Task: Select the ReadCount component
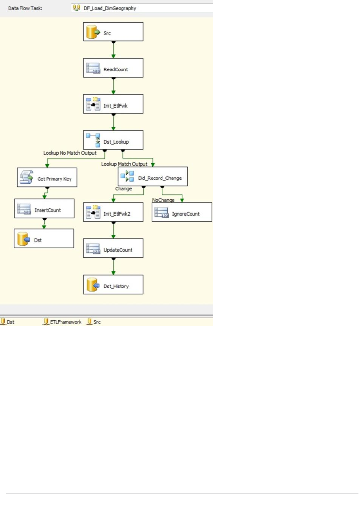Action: click(113, 69)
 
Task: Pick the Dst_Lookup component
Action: click(113, 141)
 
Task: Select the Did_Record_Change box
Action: click(152, 177)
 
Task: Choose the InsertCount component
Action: click(44, 209)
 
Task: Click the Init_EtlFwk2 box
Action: click(113, 213)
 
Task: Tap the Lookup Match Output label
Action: click(124, 164)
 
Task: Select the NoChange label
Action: click(163, 200)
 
